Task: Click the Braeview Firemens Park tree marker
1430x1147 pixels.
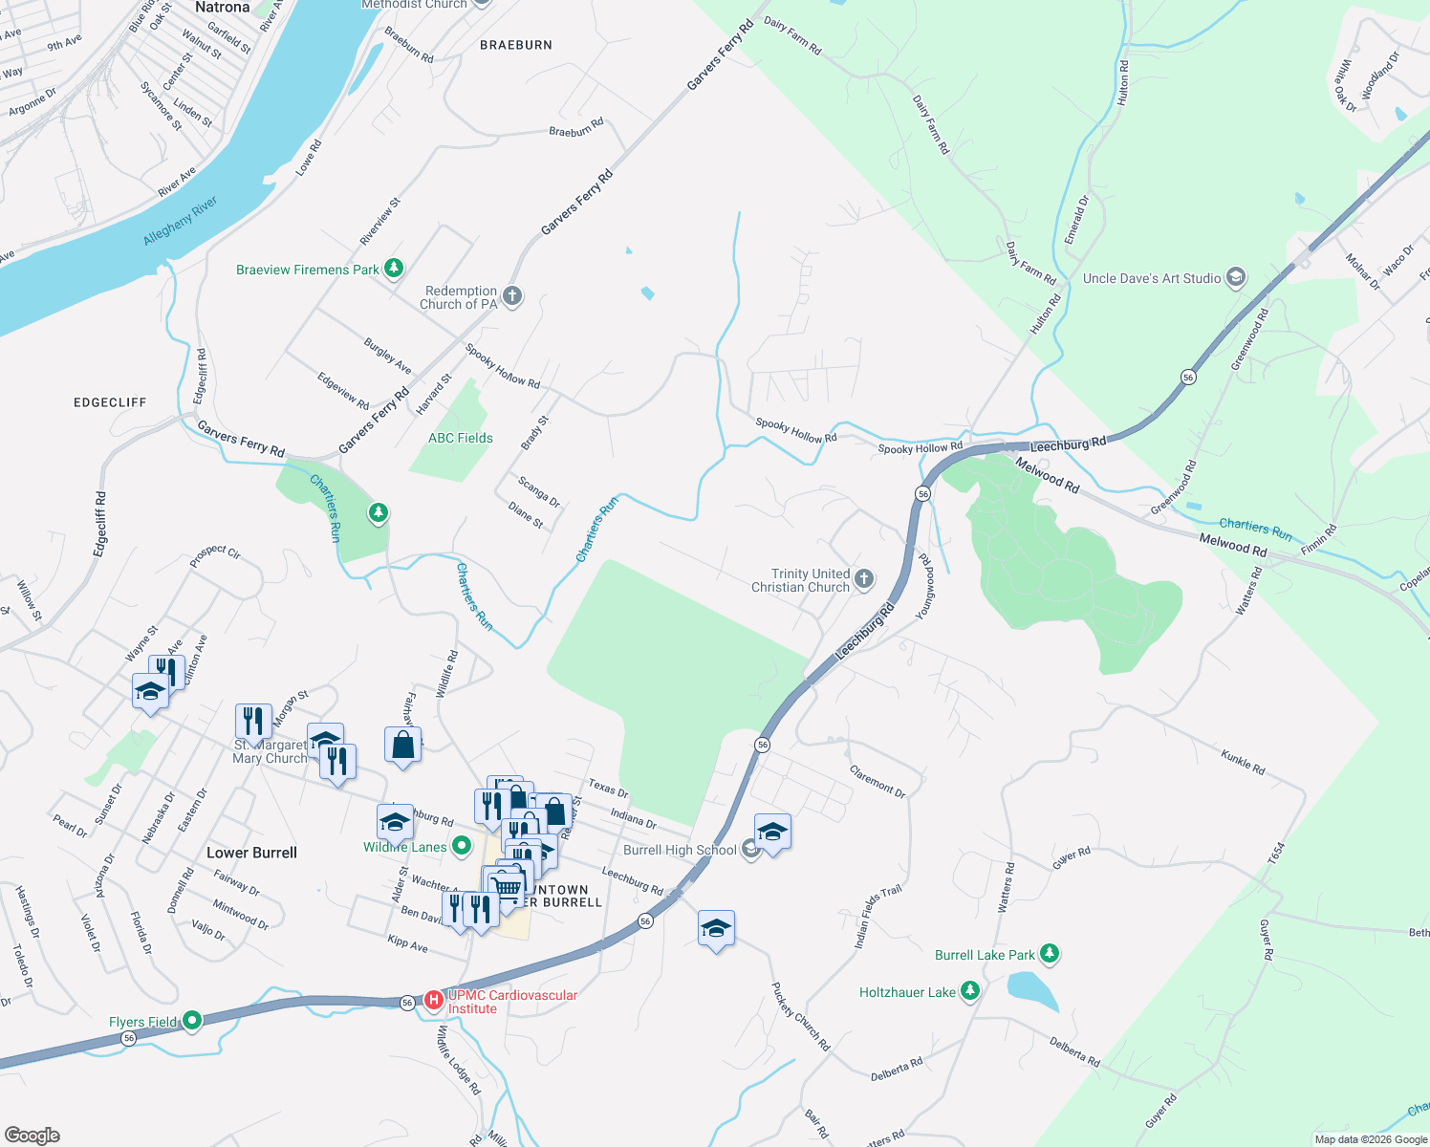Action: pos(393,269)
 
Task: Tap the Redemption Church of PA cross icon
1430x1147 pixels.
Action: pos(512,296)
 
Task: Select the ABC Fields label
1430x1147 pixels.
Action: pos(461,438)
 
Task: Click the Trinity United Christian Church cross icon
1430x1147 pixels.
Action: pos(863,578)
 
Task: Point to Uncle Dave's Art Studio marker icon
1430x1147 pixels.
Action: pos(1235,278)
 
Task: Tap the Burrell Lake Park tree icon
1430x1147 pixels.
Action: pos(1050,954)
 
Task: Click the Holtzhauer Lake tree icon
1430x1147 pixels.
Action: pos(970,991)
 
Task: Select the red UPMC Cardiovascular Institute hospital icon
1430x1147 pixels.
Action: pos(434,1001)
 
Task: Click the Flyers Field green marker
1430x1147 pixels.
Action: pos(192,1022)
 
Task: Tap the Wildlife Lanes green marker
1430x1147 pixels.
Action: pos(462,846)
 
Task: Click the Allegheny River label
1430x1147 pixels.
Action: pos(180,221)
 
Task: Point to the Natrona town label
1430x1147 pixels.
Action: pos(222,8)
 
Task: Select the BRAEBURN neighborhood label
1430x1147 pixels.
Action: pos(516,45)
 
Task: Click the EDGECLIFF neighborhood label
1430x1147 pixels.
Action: pos(110,402)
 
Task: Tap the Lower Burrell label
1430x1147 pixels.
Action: pos(252,853)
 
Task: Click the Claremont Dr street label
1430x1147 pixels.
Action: pos(877,781)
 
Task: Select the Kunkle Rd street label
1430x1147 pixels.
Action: pos(1243,762)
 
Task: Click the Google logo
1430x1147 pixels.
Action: pos(32,1136)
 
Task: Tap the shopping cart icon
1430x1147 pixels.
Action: pos(505,886)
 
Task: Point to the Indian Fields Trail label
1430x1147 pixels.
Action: pos(877,917)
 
